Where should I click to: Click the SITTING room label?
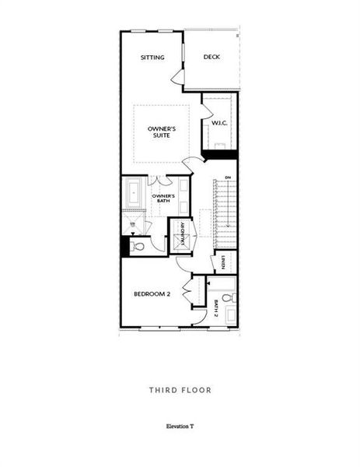(152, 58)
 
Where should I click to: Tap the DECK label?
(211, 58)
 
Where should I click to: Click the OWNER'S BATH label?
(163, 198)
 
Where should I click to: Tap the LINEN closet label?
(222, 262)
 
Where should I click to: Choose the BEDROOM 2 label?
(152, 293)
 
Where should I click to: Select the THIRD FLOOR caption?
(180, 389)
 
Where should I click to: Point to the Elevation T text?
(180, 427)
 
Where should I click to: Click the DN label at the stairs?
(227, 178)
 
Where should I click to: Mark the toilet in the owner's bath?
(138, 247)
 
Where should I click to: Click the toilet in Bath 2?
(227, 298)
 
